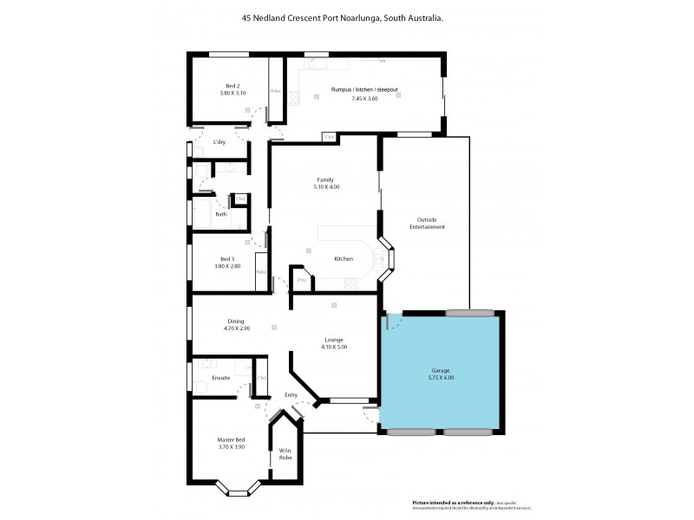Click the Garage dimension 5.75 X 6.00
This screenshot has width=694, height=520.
coord(441,378)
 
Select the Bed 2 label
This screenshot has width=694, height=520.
coord(232,86)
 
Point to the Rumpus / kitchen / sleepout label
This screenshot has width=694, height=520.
coord(364,89)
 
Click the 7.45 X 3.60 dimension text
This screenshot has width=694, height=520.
coord(364,99)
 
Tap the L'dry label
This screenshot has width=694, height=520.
coord(219,142)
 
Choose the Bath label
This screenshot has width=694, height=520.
coord(221,214)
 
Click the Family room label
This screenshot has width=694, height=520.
coord(325,179)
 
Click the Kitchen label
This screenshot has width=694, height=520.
coord(344,259)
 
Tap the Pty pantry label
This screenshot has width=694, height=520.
coord(302,280)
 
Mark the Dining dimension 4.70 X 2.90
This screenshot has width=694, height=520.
coord(236,329)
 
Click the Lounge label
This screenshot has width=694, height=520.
coord(334,340)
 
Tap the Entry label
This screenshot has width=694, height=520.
coord(291,395)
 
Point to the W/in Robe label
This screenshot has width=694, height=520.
coord(285,453)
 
